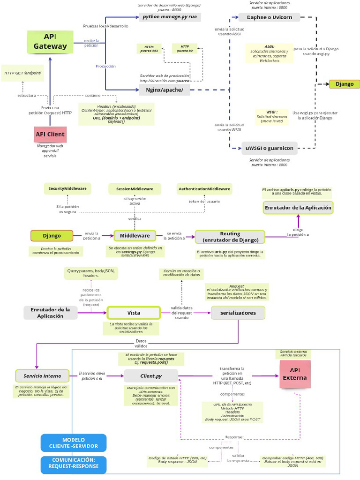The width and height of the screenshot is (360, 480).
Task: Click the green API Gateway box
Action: (x=50, y=42)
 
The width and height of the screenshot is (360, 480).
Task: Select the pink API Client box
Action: (x=50, y=135)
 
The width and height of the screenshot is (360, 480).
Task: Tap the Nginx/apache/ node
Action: (x=165, y=90)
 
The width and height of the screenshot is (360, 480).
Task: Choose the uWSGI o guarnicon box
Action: (x=270, y=148)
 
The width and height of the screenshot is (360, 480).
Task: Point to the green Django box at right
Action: (x=345, y=84)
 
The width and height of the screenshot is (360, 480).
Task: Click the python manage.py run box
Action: (x=170, y=17)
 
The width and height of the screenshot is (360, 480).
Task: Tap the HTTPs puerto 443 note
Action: (x=149, y=49)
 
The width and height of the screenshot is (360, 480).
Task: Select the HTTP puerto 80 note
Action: (x=184, y=49)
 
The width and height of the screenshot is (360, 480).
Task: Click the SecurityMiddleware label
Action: (x=67, y=188)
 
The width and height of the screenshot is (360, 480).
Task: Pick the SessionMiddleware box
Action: (x=135, y=189)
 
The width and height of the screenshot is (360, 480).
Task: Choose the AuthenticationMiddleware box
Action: (x=204, y=189)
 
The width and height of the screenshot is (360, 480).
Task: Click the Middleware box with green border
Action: (x=135, y=235)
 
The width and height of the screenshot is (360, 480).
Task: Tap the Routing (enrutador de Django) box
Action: (x=230, y=237)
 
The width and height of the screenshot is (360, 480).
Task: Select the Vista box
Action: (x=134, y=313)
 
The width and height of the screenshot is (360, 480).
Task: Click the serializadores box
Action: (x=238, y=313)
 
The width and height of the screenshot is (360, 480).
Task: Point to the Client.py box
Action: (x=151, y=375)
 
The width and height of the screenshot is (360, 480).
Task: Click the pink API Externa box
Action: (x=295, y=375)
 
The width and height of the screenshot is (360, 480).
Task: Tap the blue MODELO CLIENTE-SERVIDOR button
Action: (x=74, y=442)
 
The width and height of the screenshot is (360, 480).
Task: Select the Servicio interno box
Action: (x=42, y=376)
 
